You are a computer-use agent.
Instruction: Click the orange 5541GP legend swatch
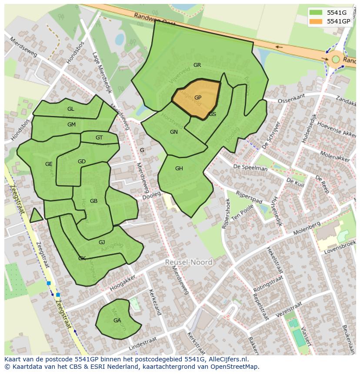(316, 21)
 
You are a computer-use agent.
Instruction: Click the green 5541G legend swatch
(316, 13)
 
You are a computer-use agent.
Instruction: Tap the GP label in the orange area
(198, 98)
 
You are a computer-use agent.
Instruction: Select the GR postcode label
(197, 65)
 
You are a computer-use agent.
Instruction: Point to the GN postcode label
(174, 132)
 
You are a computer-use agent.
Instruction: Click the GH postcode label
(179, 169)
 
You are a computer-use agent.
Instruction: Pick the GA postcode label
(117, 321)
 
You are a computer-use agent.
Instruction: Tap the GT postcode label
(99, 138)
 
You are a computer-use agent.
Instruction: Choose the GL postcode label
(70, 109)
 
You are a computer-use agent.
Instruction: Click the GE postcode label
(49, 164)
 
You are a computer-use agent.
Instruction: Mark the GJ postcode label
(102, 242)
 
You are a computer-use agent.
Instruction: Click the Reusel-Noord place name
(189, 262)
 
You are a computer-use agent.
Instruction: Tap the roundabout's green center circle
(336, 59)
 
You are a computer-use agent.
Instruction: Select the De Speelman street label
(250, 168)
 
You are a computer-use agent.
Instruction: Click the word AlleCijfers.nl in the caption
(227, 359)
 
